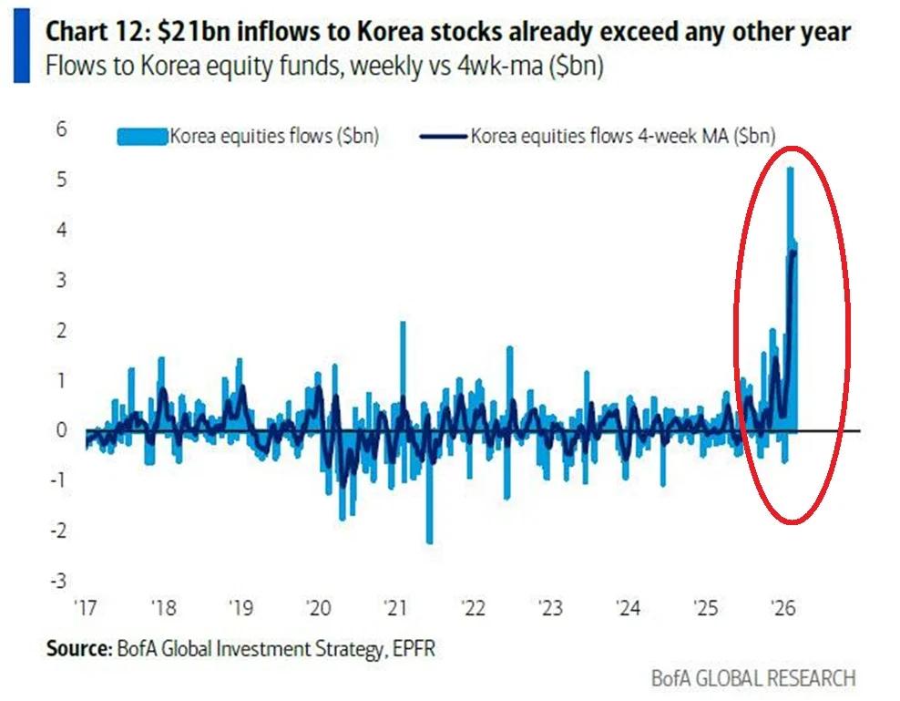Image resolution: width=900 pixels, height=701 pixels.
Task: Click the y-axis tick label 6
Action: pos(61,129)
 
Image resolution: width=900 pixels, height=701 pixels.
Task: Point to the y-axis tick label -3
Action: pos(58,580)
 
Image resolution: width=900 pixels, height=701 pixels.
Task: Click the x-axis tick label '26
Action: pos(782,607)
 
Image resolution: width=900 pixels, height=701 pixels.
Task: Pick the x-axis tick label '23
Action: pos(551,607)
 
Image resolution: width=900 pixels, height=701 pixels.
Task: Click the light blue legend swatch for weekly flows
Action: pos(141,137)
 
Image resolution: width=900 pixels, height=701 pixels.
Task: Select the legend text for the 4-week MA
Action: pos(622,137)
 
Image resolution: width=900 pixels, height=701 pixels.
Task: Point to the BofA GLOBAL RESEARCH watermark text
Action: pos(753,678)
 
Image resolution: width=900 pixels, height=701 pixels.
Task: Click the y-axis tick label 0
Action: pos(61,429)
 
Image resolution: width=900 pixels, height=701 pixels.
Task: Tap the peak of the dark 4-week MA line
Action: pos(793,253)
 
